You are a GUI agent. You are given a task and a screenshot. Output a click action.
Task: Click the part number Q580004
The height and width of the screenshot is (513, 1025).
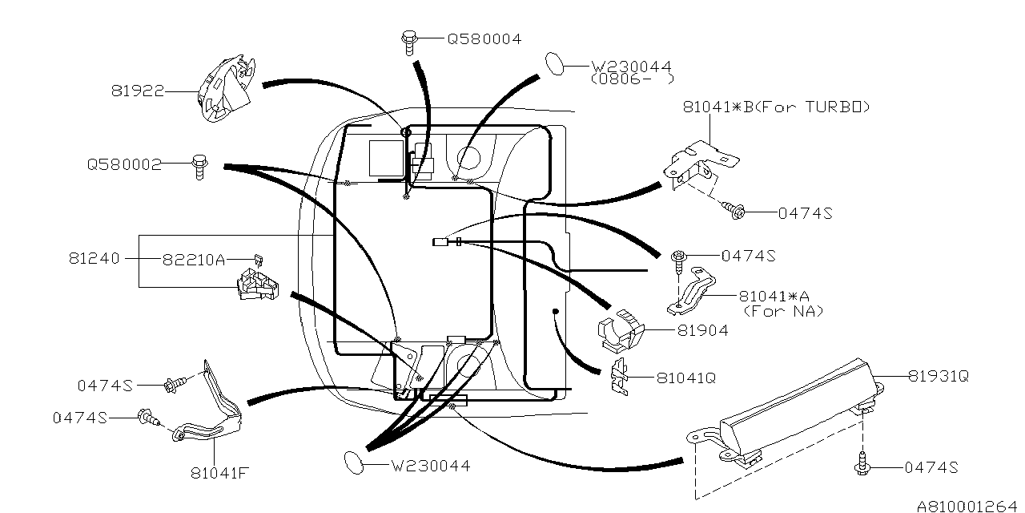pos(484,38)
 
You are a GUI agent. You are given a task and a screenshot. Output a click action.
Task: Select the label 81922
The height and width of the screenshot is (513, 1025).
pos(137,91)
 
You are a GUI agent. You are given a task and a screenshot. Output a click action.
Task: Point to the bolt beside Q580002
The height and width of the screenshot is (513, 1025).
pos(199,165)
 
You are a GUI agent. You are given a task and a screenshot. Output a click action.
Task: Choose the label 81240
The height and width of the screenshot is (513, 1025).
pos(94,259)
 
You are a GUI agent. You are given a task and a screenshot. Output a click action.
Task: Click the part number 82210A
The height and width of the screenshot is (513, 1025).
pos(194,259)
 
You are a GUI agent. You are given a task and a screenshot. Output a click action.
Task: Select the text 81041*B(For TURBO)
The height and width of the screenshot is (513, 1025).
pos(776,106)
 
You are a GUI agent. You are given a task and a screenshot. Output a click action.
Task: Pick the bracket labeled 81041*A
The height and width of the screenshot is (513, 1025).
pos(693,291)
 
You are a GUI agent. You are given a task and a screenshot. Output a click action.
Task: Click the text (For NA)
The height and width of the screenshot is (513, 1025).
pos(783,312)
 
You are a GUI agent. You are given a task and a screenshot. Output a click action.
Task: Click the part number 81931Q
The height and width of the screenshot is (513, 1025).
pos(938,375)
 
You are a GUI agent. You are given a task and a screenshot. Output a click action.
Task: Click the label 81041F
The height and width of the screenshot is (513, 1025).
pos(219,472)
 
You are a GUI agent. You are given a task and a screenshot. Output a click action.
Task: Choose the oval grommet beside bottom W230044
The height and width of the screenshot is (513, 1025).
pos(354,461)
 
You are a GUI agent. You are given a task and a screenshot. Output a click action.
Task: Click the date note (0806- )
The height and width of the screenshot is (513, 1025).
pos(631,80)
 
